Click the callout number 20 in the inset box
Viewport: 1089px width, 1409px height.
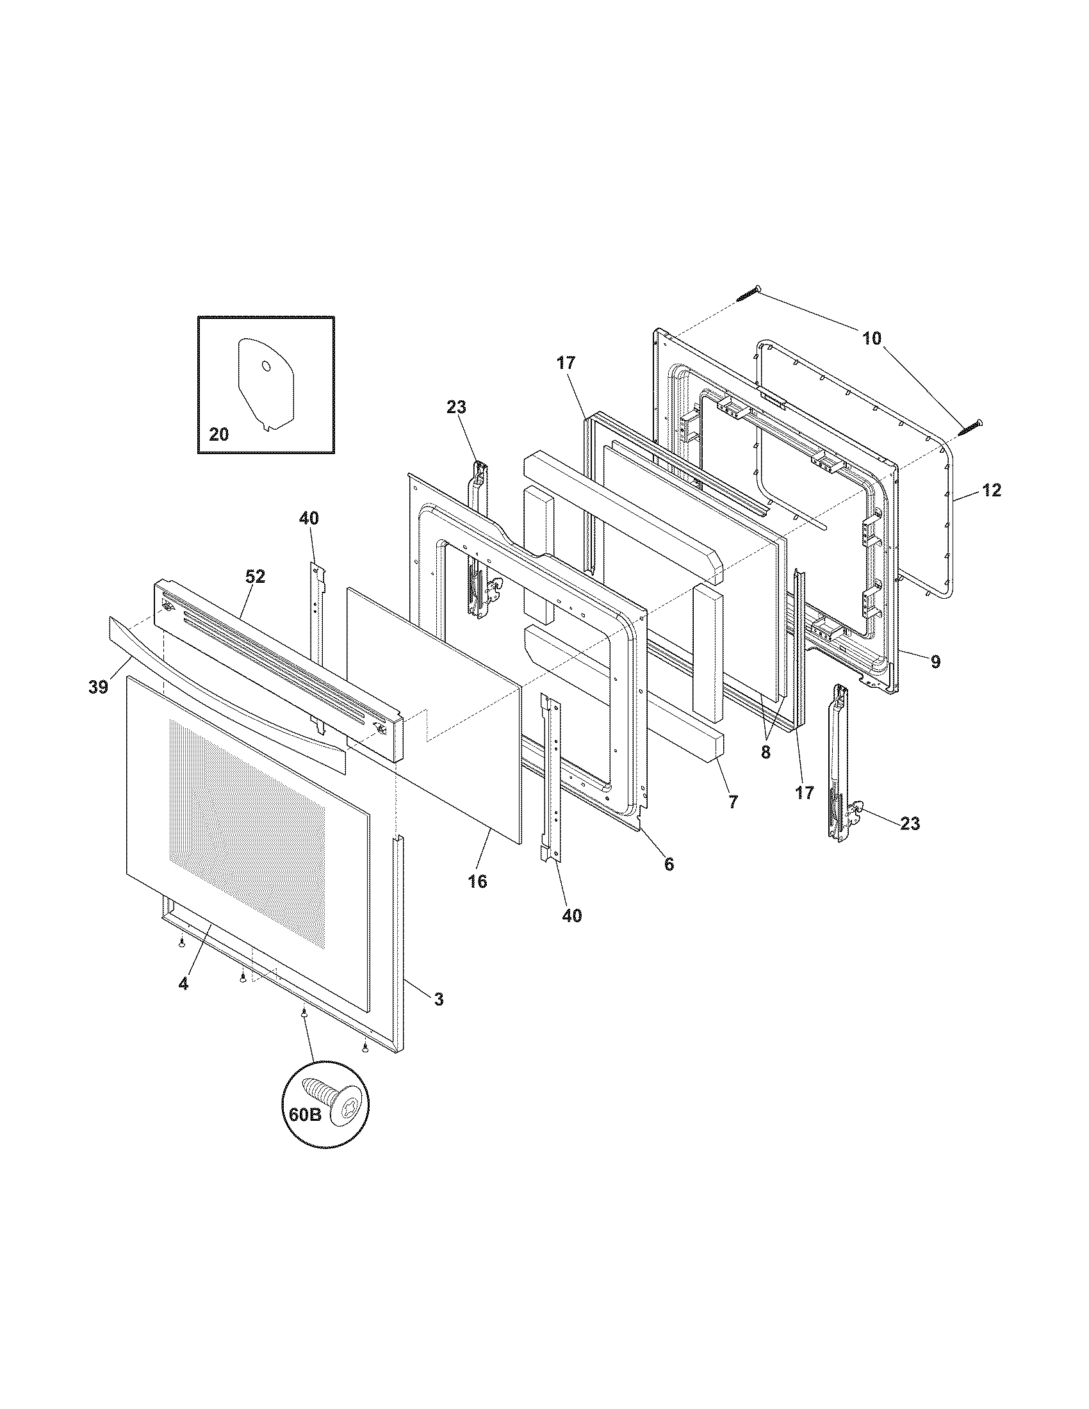coord(218,435)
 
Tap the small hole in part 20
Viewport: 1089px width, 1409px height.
coord(265,366)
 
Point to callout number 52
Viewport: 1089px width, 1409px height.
coord(255,576)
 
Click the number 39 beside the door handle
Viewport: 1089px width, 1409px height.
coord(98,688)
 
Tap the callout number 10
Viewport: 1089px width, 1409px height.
coord(871,338)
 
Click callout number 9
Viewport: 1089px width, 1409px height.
coord(935,662)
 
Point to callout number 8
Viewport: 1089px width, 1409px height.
coord(765,753)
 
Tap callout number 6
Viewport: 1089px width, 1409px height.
coord(668,864)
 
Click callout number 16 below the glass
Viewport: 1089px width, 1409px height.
coord(477,881)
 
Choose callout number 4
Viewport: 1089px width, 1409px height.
coord(184,1002)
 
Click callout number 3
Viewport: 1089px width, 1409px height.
coord(438,999)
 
